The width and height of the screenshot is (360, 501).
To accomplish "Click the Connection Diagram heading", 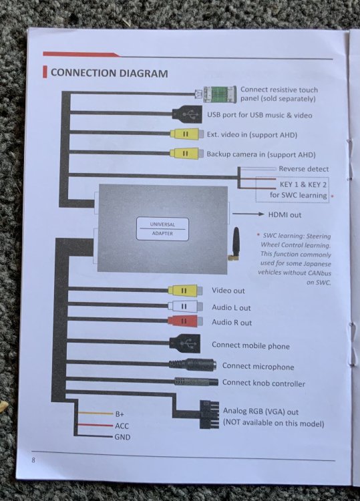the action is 110,73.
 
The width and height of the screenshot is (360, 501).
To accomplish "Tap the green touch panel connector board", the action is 220,94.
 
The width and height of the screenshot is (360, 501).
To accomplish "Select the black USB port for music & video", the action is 188,114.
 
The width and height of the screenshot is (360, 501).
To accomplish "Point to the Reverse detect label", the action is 303,169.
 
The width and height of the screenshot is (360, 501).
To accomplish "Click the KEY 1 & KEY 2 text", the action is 303,184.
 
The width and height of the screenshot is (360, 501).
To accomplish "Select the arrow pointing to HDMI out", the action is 248,214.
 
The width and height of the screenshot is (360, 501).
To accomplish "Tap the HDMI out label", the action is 285,214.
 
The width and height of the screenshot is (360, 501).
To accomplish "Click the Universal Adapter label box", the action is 162,228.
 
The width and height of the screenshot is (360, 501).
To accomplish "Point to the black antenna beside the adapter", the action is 235,244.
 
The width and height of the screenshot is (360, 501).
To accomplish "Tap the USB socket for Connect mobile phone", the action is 185,343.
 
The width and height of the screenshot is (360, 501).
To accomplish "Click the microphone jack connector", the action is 192,364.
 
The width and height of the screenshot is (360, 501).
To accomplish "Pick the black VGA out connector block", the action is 209,414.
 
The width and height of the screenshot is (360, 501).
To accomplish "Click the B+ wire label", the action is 120,414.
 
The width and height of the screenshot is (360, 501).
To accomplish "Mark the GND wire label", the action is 122,437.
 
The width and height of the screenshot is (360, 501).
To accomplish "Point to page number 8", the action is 33,460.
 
